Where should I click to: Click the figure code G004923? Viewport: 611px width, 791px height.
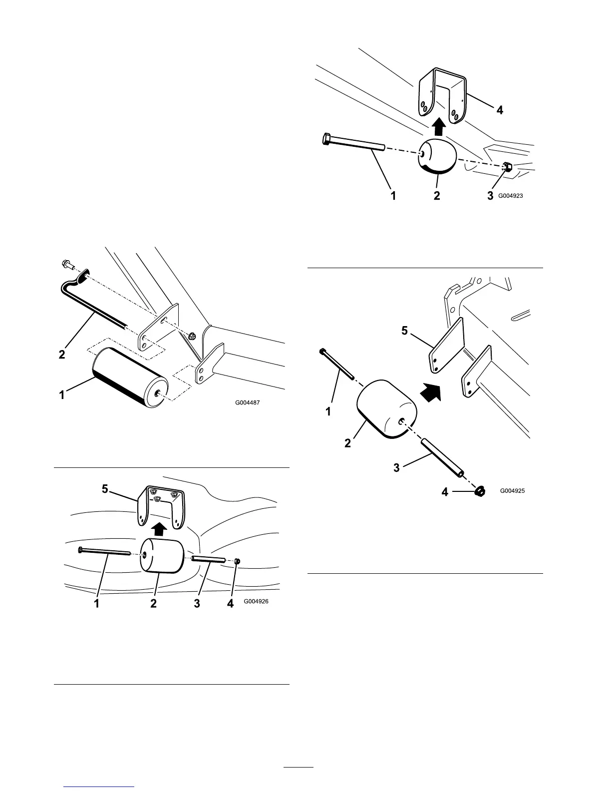tap(511, 196)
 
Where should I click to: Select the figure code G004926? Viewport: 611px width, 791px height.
tap(256, 602)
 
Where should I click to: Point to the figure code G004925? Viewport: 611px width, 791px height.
tap(512, 491)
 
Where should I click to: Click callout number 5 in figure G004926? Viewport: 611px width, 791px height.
tap(104, 489)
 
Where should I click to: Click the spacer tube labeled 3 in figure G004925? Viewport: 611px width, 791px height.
tap(442, 457)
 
